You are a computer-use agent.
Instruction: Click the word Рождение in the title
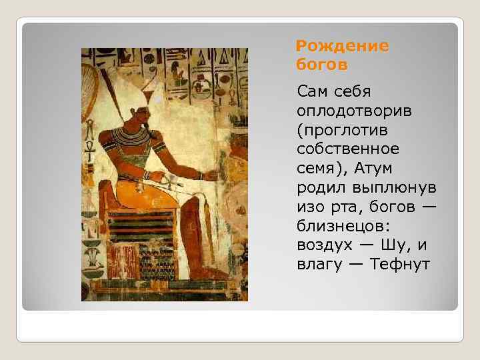click(x=342, y=47)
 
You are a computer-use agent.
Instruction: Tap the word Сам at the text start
click(x=315, y=90)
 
